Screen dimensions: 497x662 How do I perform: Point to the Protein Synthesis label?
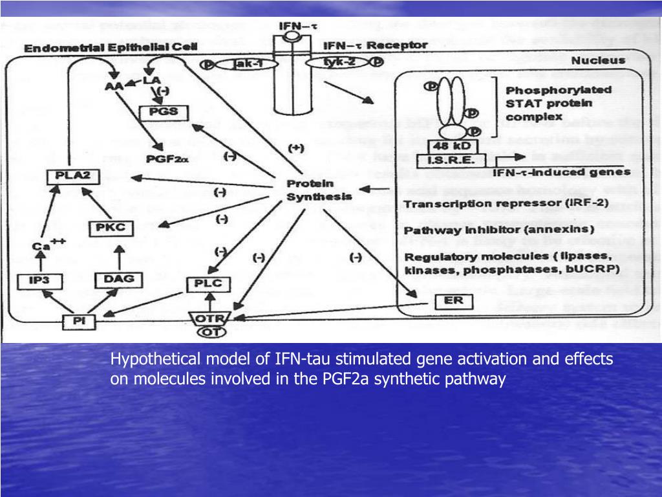pyautogui.click(x=319, y=190)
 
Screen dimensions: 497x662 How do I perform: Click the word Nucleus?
pyautogui.click(x=598, y=61)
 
